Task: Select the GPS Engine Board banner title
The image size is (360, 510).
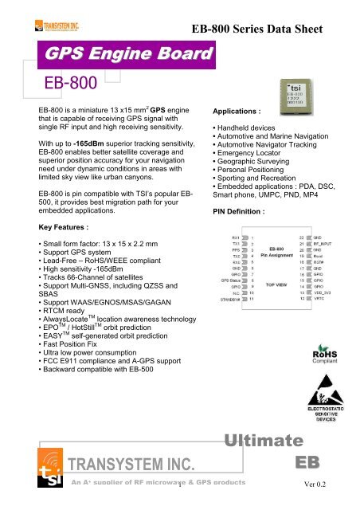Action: coord(115,55)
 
